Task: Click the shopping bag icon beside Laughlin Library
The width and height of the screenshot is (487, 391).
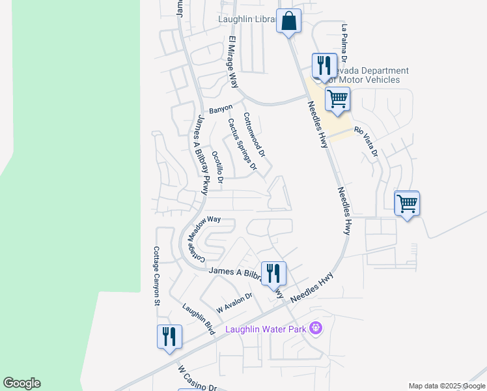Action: [x=288, y=21]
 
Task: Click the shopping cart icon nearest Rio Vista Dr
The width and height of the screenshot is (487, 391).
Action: [x=338, y=100]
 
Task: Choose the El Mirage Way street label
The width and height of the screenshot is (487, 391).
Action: [x=232, y=62]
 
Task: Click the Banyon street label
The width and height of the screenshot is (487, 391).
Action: [x=221, y=108]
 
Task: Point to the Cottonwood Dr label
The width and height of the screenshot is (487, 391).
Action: [x=255, y=135]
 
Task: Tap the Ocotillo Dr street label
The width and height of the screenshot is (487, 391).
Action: [x=217, y=166]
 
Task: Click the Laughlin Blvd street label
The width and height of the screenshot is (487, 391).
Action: [x=199, y=319]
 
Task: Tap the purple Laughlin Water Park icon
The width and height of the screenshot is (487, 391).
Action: [x=316, y=328]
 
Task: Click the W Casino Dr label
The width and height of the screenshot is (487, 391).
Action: [x=197, y=378]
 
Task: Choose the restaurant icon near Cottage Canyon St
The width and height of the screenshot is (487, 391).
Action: [x=169, y=337]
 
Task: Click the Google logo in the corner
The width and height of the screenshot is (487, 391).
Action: [x=21, y=383]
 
